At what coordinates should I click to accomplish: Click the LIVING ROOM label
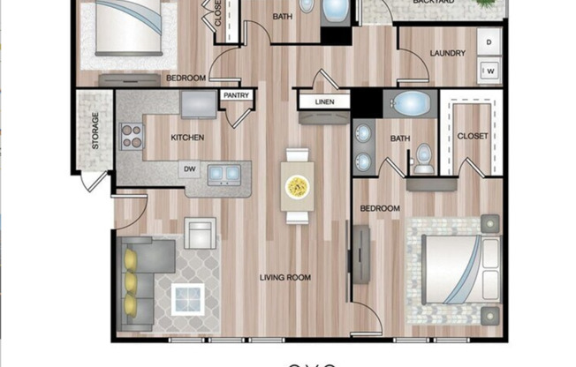pyautogui.click(x=284, y=278)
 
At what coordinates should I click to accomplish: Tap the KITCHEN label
pyautogui.click(x=187, y=138)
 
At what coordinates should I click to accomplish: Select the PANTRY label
pyautogui.click(x=236, y=94)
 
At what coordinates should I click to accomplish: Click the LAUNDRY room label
pyautogui.click(x=447, y=53)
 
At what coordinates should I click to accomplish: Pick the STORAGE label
pyautogui.click(x=95, y=132)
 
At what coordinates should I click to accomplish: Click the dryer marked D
pyautogui.click(x=489, y=41)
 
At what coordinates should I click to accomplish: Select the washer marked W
pyautogui.click(x=489, y=69)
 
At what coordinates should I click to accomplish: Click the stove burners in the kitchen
pyautogui.click(x=132, y=137)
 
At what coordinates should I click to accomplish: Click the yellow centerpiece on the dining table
pyautogui.click(x=296, y=186)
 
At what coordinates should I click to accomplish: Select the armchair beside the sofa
pyautogui.click(x=201, y=233)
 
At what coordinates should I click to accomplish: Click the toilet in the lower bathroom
pyautogui.click(x=424, y=160)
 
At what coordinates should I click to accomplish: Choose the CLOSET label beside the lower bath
pyautogui.click(x=473, y=135)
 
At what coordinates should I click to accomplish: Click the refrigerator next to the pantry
pyautogui.click(x=198, y=103)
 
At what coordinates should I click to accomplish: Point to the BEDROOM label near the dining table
pyautogui.click(x=379, y=208)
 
